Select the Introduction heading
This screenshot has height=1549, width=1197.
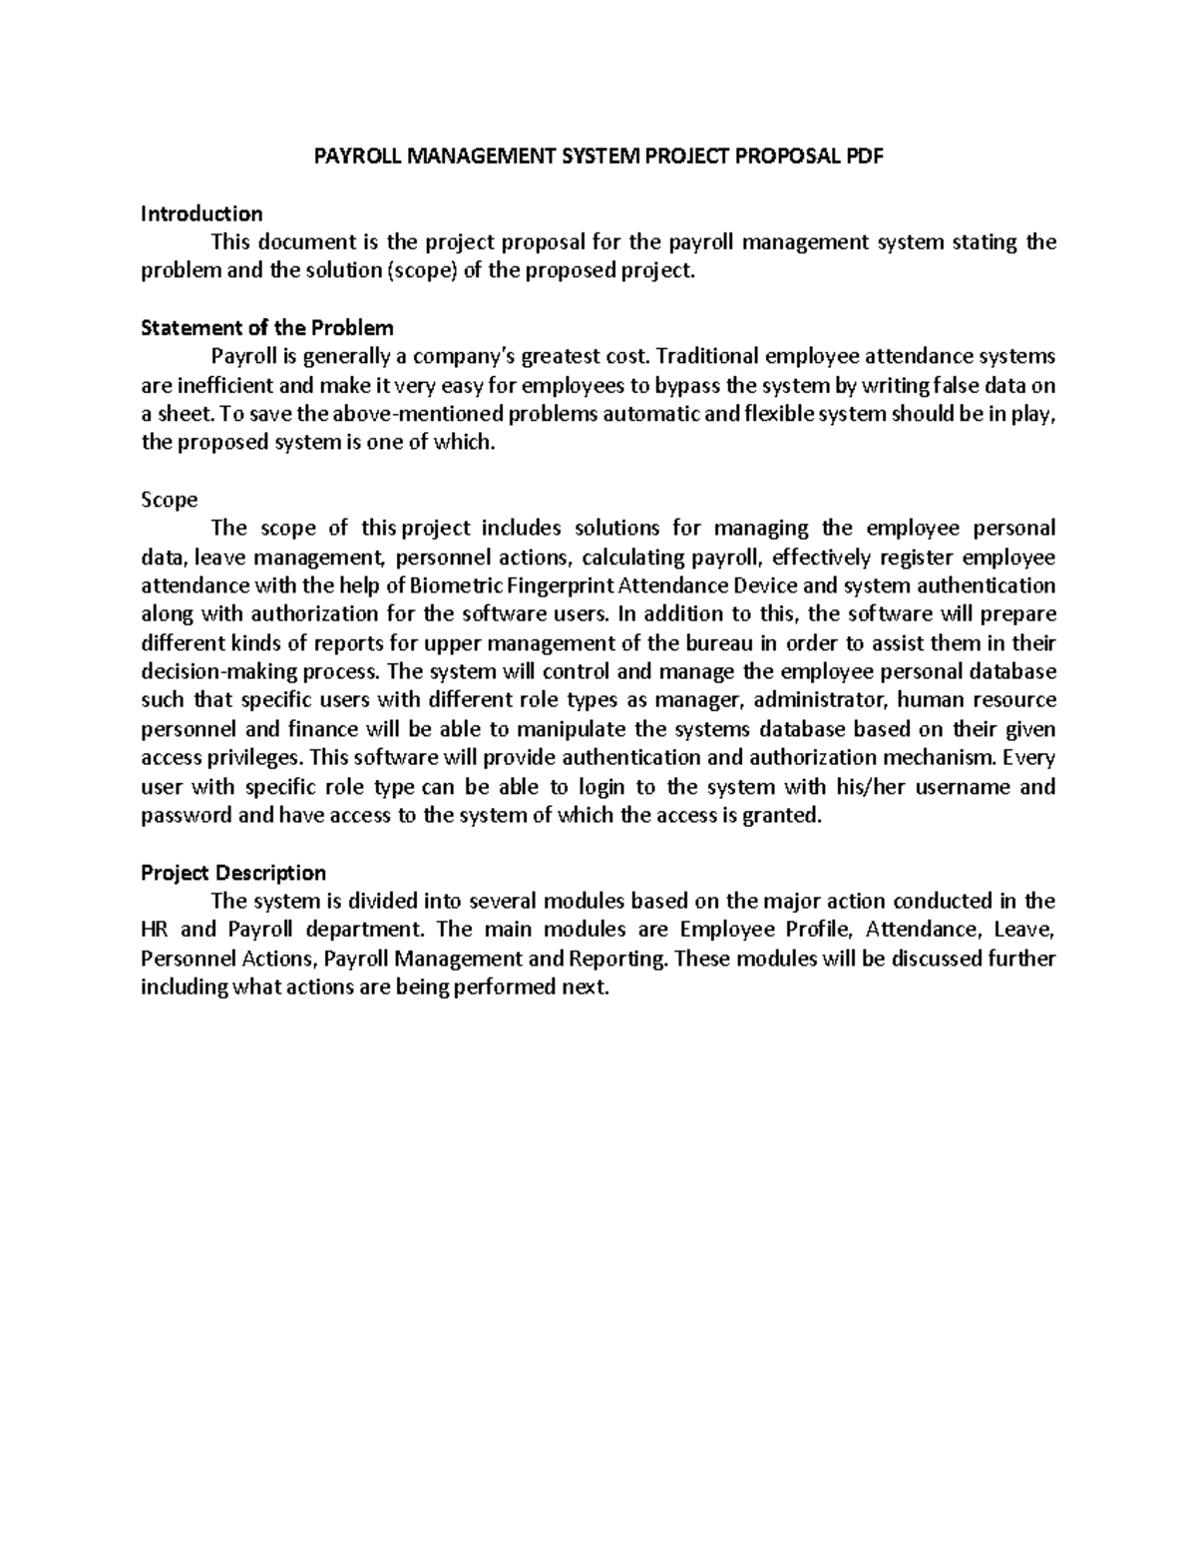coord(201,213)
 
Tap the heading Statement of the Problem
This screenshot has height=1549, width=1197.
coord(267,328)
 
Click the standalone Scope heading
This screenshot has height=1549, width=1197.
coord(169,500)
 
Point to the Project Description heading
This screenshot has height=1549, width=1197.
coord(233,873)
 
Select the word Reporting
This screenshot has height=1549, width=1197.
coord(619,960)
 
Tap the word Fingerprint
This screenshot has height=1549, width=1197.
coord(563,585)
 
